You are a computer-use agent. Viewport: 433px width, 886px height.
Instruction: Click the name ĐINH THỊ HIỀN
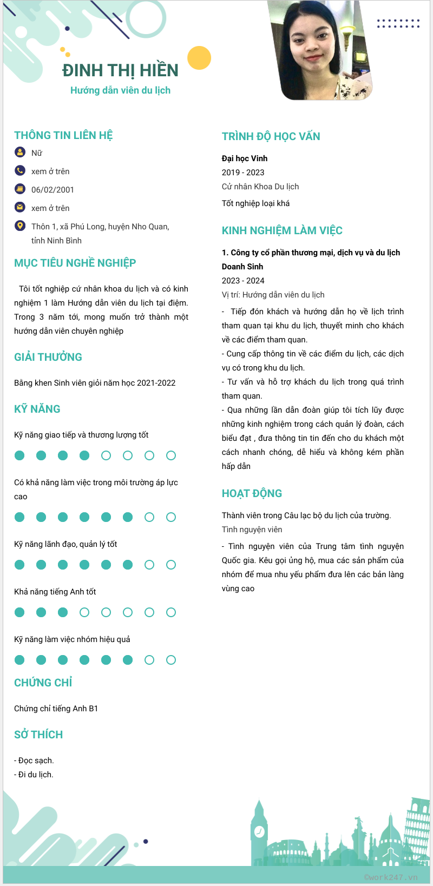(120, 70)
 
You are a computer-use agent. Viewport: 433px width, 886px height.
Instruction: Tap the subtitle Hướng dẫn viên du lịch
(120, 90)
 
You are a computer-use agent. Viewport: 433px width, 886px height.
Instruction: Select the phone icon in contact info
(20, 171)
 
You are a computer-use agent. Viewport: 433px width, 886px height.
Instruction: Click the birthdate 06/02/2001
(53, 190)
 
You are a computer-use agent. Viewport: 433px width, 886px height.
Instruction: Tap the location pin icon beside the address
(20, 226)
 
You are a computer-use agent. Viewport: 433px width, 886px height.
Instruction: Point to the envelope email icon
(20, 207)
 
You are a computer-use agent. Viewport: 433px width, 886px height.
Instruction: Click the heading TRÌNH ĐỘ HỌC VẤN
(271, 136)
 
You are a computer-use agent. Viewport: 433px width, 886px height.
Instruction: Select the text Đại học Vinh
(245, 158)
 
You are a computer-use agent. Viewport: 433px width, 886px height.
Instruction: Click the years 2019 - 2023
(243, 173)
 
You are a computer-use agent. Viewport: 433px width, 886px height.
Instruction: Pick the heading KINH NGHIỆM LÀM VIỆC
(282, 230)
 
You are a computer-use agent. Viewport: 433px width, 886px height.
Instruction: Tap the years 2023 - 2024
(243, 281)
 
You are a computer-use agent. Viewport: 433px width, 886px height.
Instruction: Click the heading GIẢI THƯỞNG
(48, 357)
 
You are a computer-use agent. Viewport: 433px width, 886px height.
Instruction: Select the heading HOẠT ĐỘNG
(252, 493)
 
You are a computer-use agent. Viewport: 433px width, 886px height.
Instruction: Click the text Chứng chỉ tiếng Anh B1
(56, 709)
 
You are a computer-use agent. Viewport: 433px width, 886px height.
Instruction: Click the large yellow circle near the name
(199, 58)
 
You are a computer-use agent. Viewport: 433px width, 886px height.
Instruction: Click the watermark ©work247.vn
(391, 877)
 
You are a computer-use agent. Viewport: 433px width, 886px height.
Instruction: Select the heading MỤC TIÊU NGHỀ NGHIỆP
(75, 263)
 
